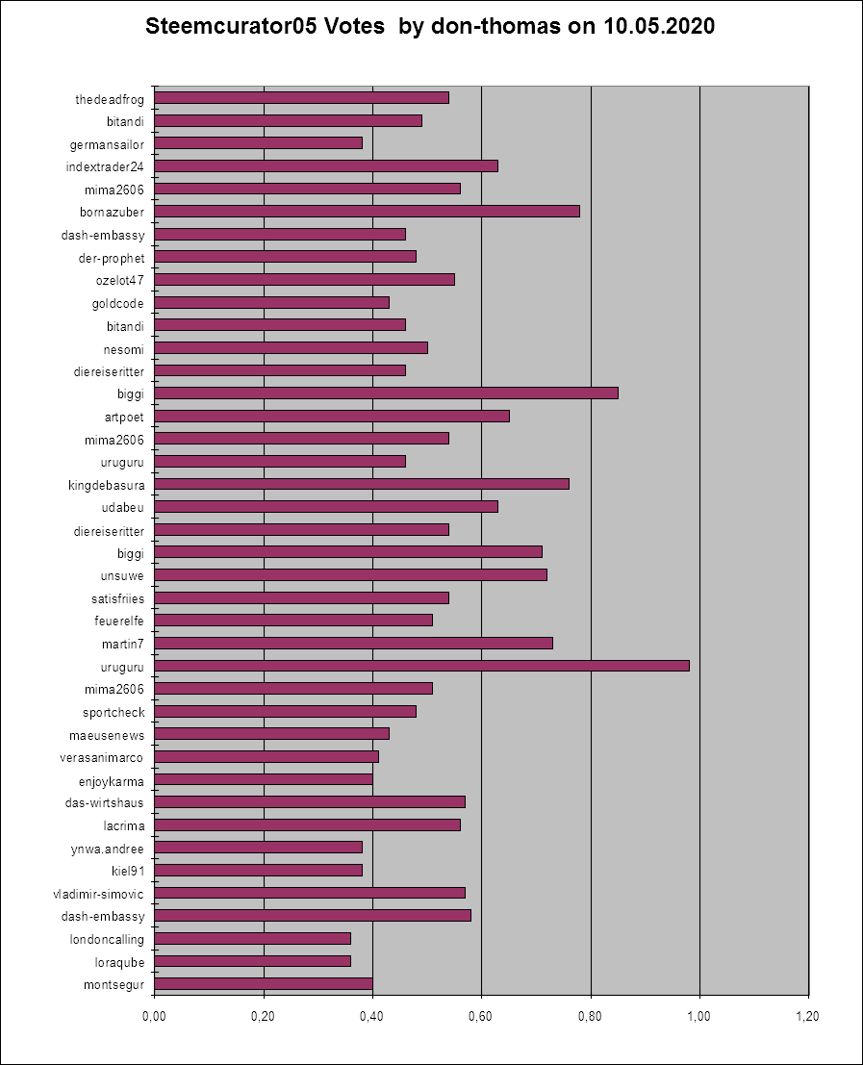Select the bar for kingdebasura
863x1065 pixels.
tap(361, 483)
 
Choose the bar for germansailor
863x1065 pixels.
tap(258, 143)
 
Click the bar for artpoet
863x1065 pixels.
tap(331, 416)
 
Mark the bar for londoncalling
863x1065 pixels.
tap(252, 938)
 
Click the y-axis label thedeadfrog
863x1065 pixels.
tap(110, 98)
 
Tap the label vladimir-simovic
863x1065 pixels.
tap(99, 894)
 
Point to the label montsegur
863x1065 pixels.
tap(114, 984)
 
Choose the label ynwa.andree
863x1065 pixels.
tap(108, 849)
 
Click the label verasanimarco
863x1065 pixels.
tap(102, 757)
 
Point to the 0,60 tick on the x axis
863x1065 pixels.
tap(481, 1016)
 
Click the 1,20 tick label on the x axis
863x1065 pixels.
tap(808, 1016)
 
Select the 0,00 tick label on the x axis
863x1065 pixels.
tap(154, 1016)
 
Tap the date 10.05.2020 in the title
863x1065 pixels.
tap(659, 27)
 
